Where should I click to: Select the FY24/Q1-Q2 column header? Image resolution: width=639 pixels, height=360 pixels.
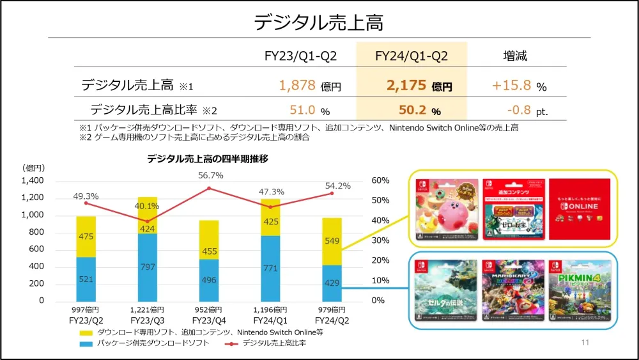pyautogui.click(x=411, y=56)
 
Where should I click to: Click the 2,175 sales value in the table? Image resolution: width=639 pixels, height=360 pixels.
pyautogui.click(x=406, y=86)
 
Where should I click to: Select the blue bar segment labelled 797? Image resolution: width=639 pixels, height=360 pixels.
pyautogui.click(x=148, y=266)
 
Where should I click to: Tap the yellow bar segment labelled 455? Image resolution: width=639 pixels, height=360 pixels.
pyautogui.click(x=209, y=251)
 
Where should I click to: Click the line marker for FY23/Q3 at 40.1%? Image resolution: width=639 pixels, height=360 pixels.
pyautogui.click(x=148, y=221)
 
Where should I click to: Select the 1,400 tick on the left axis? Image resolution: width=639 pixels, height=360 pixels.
pyautogui.click(x=32, y=181)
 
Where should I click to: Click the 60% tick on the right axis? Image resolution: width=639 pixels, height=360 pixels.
pyautogui.click(x=380, y=181)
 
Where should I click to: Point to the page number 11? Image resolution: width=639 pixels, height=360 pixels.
pyautogui.click(x=585, y=343)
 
